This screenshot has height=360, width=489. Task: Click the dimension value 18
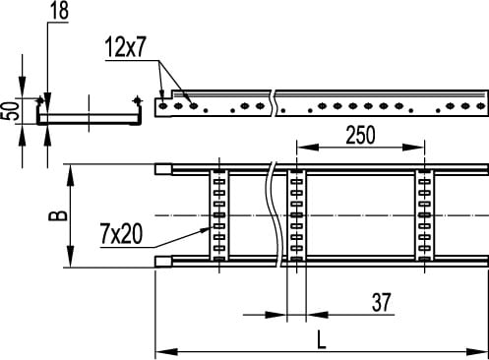click(x=59, y=11)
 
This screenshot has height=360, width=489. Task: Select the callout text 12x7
click(x=125, y=48)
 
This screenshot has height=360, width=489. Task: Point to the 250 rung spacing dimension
click(x=360, y=135)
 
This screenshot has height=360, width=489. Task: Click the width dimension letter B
click(x=58, y=215)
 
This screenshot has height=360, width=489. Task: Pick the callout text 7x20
click(x=122, y=234)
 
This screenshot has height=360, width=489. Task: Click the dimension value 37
click(x=381, y=302)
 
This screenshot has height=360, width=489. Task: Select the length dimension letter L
click(x=322, y=339)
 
